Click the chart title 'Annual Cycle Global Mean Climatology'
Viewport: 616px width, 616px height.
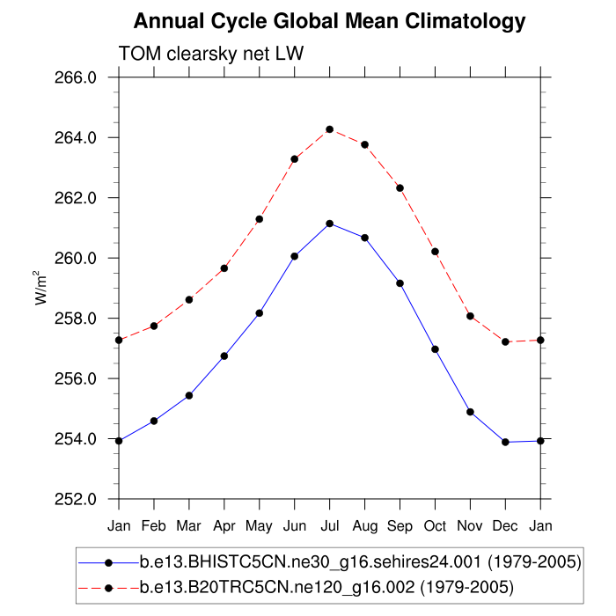329,21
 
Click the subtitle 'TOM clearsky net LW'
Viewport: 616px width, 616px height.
210,55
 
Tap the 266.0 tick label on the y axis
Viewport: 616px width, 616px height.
77,77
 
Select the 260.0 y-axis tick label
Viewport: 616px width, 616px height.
77,259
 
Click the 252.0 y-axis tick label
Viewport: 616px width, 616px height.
77,500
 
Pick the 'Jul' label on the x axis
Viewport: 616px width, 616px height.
329,525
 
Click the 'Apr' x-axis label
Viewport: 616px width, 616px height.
224,526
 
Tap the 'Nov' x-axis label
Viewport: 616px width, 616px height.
470,525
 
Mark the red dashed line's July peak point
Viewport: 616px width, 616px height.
329,129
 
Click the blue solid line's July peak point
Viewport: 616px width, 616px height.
329,224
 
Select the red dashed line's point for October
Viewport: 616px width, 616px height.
435,252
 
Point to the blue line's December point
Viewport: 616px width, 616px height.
505,442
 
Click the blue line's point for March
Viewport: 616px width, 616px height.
188,396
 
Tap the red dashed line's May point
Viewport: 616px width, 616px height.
259,219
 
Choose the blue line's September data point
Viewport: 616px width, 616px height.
400,283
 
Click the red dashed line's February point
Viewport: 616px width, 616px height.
154,326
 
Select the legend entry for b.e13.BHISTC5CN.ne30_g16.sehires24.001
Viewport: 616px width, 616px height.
360,562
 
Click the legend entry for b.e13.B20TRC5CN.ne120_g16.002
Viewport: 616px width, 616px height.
326,585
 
